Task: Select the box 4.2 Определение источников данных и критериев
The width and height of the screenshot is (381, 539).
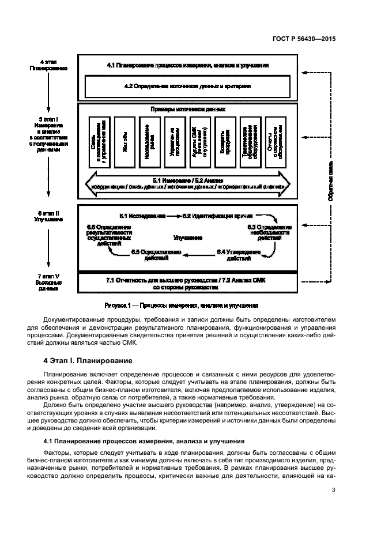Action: pyautogui.click(x=188, y=86)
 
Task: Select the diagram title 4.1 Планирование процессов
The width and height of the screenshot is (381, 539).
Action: pyautogui.click(x=188, y=66)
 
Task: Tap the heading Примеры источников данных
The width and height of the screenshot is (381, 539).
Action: pyautogui.click(x=188, y=109)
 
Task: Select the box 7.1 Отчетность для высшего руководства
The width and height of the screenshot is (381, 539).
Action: pyautogui.click(x=188, y=283)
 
